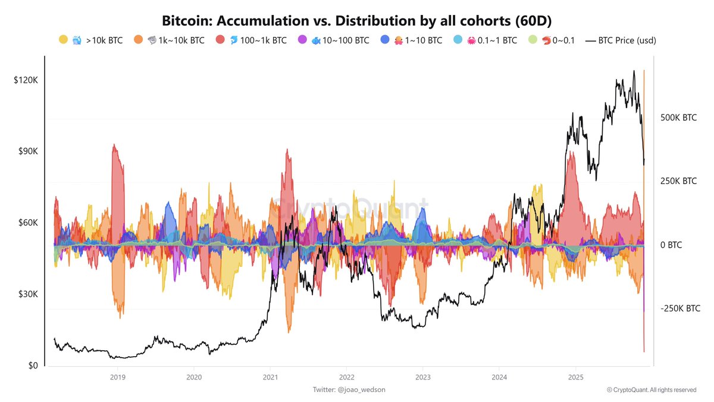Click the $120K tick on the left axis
pyautogui.click(x=26, y=80)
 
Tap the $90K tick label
pyautogui.click(x=27, y=151)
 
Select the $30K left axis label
pyautogui.click(x=27, y=294)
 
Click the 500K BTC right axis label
pyautogui.click(x=678, y=118)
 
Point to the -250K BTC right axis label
pyautogui.click(x=679, y=308)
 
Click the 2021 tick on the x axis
pyautogui.click(x=270, y=377)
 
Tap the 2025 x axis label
pyautogui.click(x=575, y=377)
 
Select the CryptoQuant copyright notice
pyautogui.click(x=652, y=390)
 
